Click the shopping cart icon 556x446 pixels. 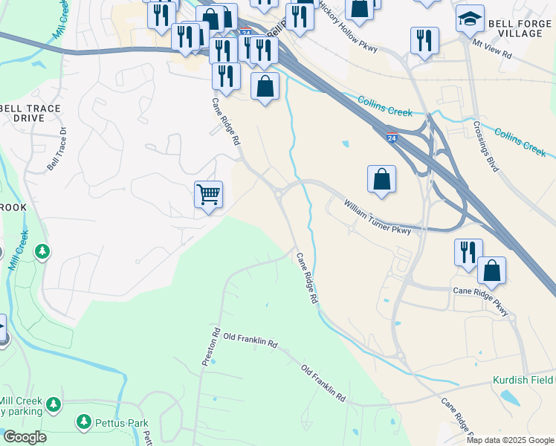point(209,195)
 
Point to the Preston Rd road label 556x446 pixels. point(210,346)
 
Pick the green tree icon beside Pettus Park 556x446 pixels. point(83,422)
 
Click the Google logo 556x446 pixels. point(25,437)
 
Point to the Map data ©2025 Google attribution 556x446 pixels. point(511,440)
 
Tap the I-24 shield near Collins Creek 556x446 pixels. point(392,137)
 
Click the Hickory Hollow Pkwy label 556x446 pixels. point(348,28)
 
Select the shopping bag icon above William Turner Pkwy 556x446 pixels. point(381,179)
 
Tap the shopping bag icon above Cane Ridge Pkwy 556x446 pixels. point(491,271)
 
